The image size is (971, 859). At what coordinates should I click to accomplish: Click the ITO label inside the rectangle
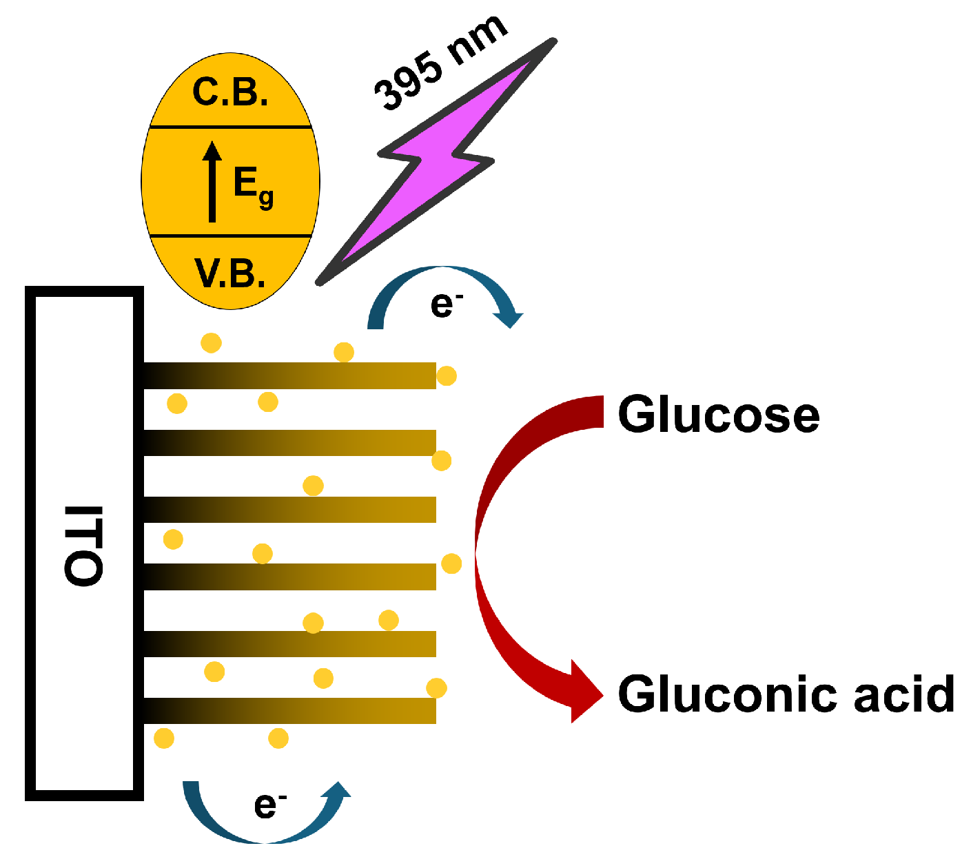click(83, 546)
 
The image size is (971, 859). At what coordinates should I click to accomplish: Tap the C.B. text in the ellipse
click(230, 92)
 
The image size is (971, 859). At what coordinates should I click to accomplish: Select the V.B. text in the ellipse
click(230, 273)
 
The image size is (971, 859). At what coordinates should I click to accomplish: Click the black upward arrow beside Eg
click(212, 182)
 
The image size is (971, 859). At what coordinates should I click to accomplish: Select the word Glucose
click(718, 415)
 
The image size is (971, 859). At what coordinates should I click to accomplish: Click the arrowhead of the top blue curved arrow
click(509, 318)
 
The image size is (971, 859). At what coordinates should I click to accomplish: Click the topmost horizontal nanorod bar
click(289, 375)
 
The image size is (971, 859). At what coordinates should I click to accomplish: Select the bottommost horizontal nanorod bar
click(289, 710)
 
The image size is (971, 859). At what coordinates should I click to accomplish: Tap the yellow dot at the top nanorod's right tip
click(447, 376)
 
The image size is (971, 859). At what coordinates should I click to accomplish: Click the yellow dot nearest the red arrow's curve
click(451, 563)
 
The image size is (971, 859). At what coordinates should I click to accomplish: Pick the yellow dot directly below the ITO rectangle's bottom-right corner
click(164, 738)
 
